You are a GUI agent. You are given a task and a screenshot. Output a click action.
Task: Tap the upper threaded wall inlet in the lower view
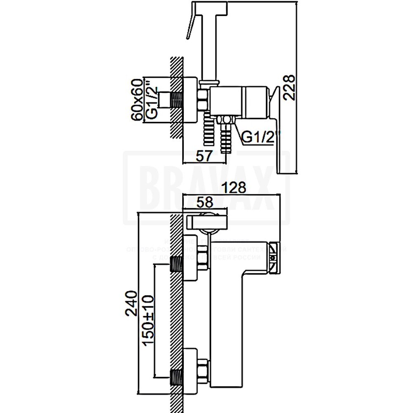coord(176,264)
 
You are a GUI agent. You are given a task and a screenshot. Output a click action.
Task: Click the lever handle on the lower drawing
coord(206,220)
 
